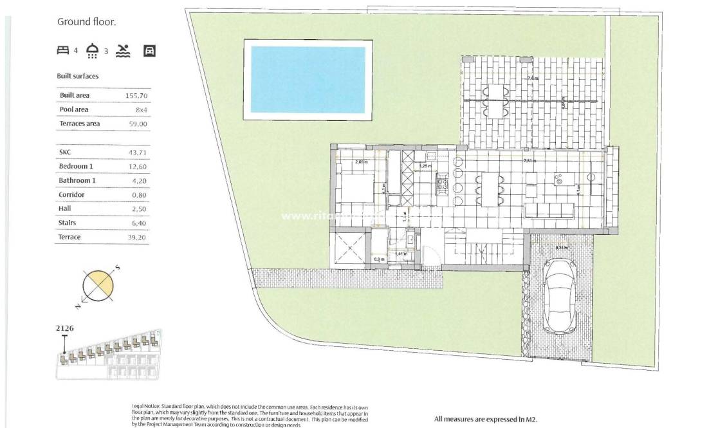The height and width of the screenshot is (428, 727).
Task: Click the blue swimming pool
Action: [x=308, y=80]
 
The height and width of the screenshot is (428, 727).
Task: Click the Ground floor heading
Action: [x=86, y=22]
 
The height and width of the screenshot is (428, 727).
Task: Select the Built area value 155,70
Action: [x=137, y=96]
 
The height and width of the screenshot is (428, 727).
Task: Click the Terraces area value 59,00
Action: [x=138, y=124]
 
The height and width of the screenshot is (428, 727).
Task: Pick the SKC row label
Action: [x=66, y=153]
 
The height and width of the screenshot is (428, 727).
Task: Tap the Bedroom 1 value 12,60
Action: [x=138, y=167]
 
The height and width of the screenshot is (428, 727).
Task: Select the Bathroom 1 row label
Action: [x=77, y=181]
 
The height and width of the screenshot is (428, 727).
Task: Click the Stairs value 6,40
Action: [x=139, y=223]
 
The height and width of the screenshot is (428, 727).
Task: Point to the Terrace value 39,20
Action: [x=138, y=237]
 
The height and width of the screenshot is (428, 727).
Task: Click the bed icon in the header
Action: [x=62, y=50]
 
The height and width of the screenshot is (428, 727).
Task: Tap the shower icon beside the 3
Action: [x=93, y=51]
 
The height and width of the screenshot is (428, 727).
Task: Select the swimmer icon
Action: [x=123, y=51]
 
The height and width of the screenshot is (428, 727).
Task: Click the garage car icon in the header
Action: [x=149, y=51]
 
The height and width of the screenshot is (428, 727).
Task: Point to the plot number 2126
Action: [x=65, y=328]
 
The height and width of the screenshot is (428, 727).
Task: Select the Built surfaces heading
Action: [x=77, y=76]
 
